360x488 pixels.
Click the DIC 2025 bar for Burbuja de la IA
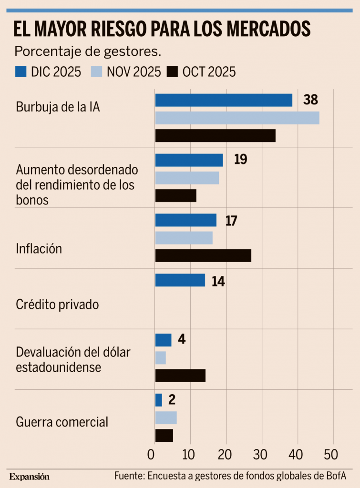pyautogui.click(x=224, y=100)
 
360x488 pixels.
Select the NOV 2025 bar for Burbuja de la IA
pyautogui.click(x=237, y=118)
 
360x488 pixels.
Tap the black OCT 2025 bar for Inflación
pyautogui.click(x=203, y=255)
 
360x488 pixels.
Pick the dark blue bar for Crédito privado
pyautogui.click(x=180, y=280)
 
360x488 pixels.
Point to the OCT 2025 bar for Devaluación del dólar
pyautogui.click(x=180, y=376)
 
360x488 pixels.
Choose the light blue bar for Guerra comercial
pyautogui.click(x=166, y=417)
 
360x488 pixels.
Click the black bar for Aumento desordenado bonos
pyautogui.click(x=175, y=196)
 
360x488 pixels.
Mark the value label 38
pyautogui.click(x=310, y=100)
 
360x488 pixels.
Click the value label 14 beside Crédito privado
pyautogui.click(x=218, y=281)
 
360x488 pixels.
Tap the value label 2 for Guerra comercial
pyautogui.click(x=172, y=399)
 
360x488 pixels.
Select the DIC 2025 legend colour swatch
pyautogui.click(x=21, y=71)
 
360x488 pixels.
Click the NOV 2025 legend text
pyautogui.click(x=134, y=71)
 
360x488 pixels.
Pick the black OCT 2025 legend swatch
pyautogui.click(x=173, y=71)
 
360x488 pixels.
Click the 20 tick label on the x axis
pyautogui.click(x=226, y=454)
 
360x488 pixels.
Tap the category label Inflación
pyautogui.click(x=39, y=249)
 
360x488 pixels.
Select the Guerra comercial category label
pyautogui.click(x=62, y=422)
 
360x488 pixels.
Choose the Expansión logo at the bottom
pyautogui.click(x=29, y=477)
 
